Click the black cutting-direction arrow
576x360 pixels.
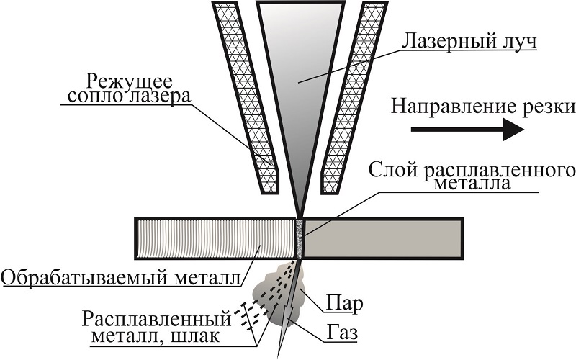[475, 130]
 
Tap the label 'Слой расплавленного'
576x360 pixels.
[471, 170]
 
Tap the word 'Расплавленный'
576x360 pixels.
[158, 318]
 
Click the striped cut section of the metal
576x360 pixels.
[216, 238]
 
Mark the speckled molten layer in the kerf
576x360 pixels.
[300, 238]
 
